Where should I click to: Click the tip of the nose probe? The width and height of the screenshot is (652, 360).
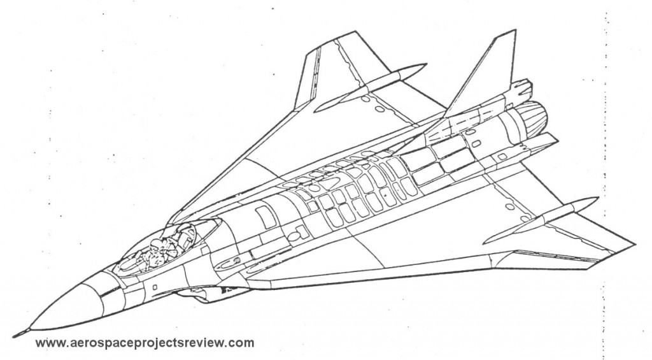tap(13, 335)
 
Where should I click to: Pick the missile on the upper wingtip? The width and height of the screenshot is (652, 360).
tap(370, 87)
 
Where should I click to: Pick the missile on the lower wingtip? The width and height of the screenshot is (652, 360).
tap(541, 220)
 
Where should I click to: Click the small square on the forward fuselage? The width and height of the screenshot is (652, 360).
tap(155, 287)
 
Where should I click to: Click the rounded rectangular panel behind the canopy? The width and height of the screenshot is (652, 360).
tap(263, 217)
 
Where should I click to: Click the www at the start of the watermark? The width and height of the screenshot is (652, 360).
tap(48, 343)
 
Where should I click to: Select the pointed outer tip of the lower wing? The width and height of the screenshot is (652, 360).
tap(635, 244)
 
